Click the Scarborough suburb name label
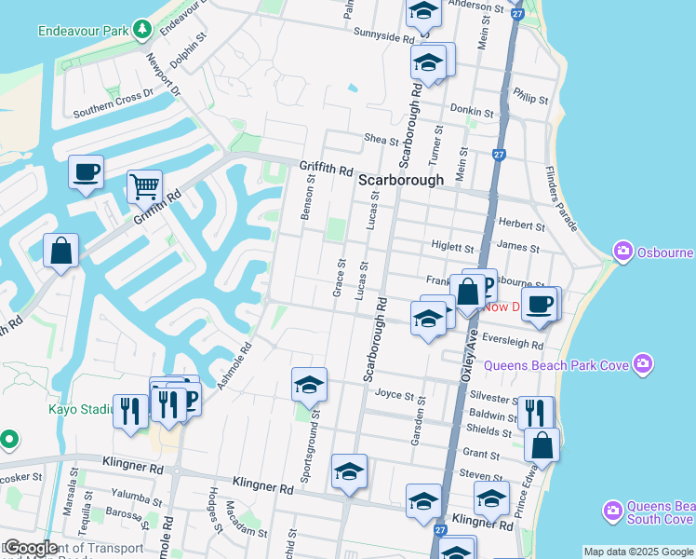[401, 181]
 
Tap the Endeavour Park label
[82, 30]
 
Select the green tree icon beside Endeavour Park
[141, 30]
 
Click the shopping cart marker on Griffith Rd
[144, 186]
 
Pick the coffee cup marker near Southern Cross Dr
[86, 172]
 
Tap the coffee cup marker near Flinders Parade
[540, 303]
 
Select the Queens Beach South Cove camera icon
[612, 511]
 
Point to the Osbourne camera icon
[622, 252]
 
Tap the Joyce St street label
[394, 394]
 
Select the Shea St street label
[381, 139]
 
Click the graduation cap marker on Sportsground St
[309, 384]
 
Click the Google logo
[31, 549]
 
